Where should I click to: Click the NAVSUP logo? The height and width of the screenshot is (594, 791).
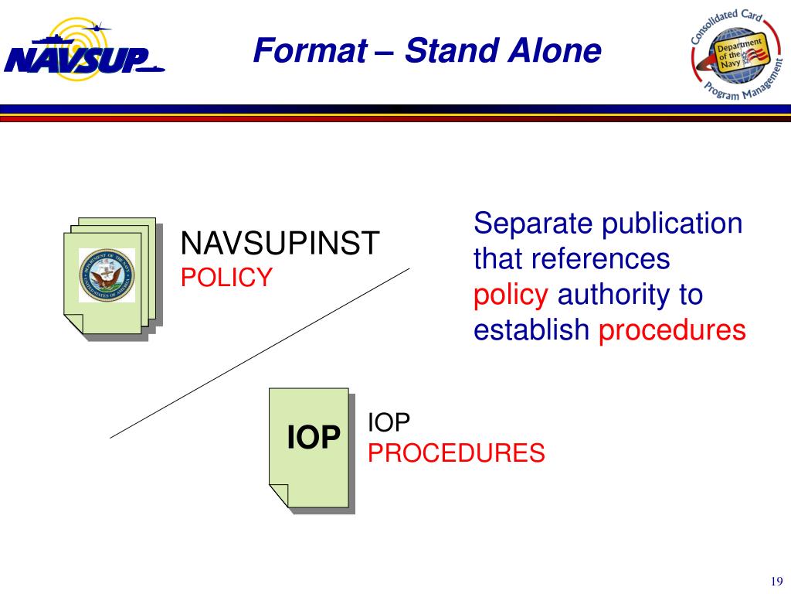click(x=83, y=51)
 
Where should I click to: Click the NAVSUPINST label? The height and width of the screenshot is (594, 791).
click(x=280, y=244)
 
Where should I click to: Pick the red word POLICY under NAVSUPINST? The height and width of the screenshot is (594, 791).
click(x=226, y=277)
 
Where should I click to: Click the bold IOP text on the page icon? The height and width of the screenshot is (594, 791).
click(x=314, y=439)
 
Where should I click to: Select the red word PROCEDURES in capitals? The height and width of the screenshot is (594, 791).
click(x=457, y=453)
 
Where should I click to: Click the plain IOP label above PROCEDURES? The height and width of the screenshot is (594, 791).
click(x=389, y=422)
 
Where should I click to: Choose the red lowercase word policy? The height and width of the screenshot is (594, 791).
click(x=511, y=295)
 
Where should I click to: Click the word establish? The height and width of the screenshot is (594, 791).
click(x=531, y=331)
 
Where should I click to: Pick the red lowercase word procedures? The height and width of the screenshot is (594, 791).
click(x=673, y=331)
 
